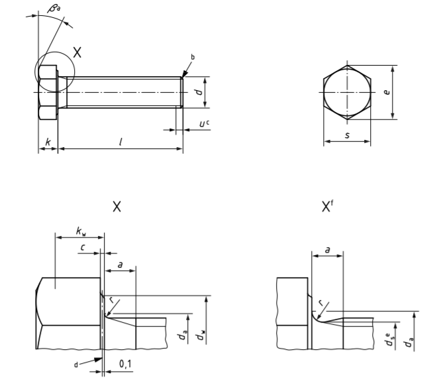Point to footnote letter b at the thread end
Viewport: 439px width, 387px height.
coord(193,58)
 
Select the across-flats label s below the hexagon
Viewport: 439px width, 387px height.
coord(347,136)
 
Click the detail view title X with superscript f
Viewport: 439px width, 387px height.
coord(326,207)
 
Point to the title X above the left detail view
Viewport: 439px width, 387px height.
coord(117,207)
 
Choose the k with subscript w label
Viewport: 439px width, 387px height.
coord(81,231)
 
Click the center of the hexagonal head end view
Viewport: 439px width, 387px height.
coord(347,92)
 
